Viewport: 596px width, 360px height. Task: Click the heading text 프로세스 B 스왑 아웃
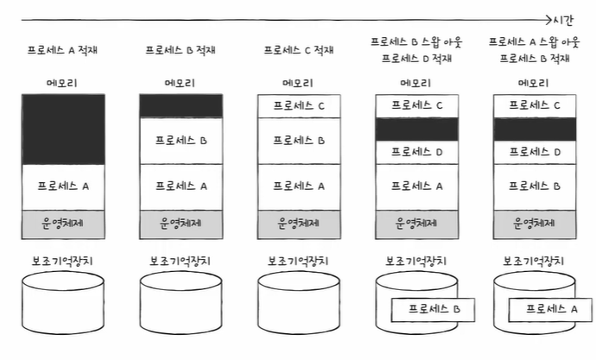tap(417, 41)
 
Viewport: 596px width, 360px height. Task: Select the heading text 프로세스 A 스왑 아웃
tap(535, 41)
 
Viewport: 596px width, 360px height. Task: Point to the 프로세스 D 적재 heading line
tap(417, 58)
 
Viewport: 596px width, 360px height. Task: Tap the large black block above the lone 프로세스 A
tap(63, 129)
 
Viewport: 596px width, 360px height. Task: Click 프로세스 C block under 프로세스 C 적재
tap(299, 106)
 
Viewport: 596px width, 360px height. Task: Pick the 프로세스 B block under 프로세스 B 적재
tap(181, 140)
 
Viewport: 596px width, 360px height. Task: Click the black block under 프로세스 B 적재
tap(181, 106)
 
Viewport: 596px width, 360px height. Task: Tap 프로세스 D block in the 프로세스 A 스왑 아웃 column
tap(535, 152)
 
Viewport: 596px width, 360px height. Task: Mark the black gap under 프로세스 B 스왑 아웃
tap(417, 129)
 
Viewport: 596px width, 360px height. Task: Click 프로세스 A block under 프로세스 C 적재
tap(299, 186)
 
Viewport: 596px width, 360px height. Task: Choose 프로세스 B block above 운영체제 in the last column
tap(535, 186)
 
